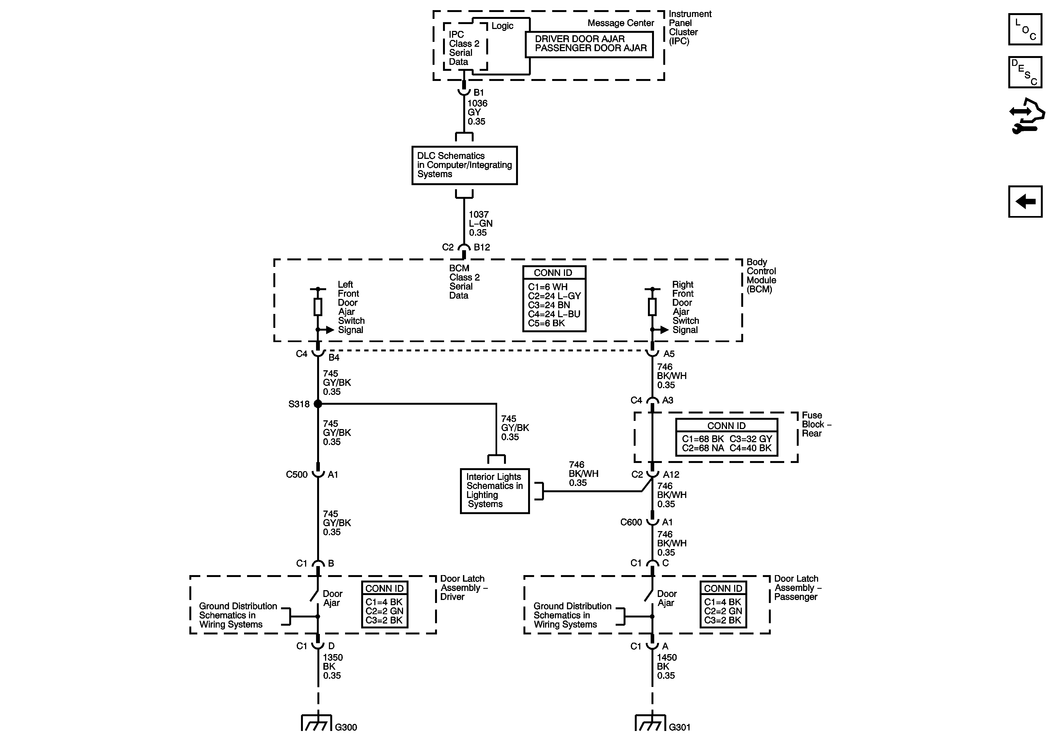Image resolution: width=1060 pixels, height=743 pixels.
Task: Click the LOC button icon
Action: click(1025, 30)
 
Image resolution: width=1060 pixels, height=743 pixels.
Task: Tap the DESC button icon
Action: click(1025, 72)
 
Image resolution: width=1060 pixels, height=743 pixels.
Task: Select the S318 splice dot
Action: click(318, 404)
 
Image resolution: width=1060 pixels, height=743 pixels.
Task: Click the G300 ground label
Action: click(346, 727)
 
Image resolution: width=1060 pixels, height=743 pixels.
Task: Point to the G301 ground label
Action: click(680, 727)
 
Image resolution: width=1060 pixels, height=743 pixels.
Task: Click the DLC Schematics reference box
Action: click(464, 165)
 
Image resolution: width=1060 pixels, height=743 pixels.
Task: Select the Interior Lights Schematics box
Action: click(494, 491)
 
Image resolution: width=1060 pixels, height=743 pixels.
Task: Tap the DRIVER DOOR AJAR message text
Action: click(580, 39)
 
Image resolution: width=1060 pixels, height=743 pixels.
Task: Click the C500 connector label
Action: click(296, 474)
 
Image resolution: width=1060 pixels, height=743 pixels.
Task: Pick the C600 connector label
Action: click(631, 522)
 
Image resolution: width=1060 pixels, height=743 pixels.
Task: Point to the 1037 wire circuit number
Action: click(479, 215)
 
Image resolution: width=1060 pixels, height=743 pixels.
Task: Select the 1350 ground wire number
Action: click(332, 658)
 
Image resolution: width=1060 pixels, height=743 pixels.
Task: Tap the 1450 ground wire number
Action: click(667, 658)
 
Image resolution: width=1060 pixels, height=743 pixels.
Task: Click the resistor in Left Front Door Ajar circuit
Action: click(318, 307)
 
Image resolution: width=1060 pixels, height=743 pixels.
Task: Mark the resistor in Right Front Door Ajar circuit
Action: click(652, 307)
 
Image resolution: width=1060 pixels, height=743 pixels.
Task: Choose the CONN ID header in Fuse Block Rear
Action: click(726, 426)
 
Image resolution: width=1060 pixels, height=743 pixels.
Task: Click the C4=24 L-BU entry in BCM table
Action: click(554, 314)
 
